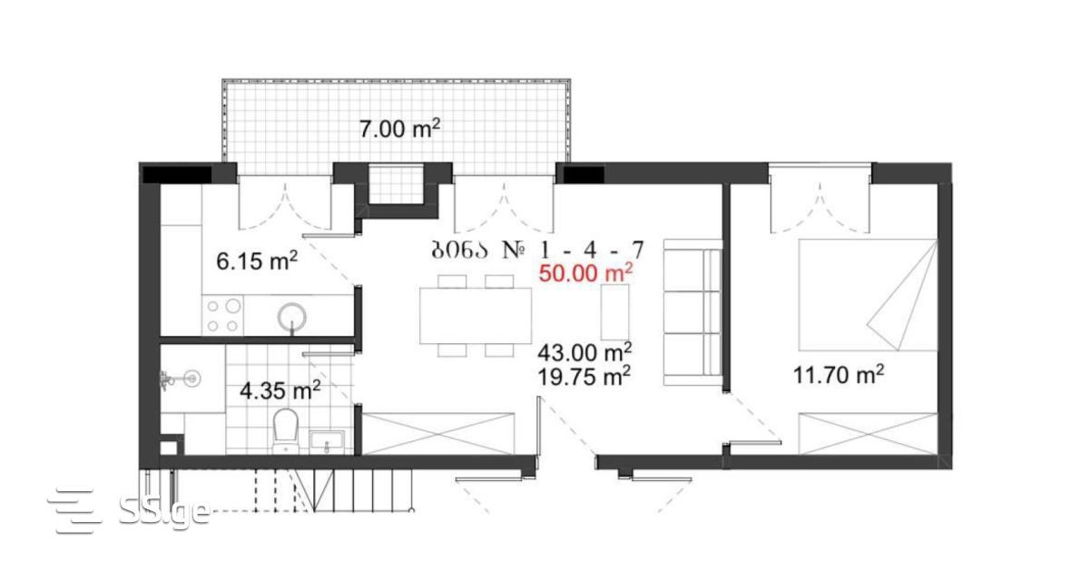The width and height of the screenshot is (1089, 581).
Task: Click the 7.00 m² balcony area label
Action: (x=399, y=129)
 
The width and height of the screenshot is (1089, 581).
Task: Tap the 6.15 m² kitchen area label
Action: (x=257, y=261)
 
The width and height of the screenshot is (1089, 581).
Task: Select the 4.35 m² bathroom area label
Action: (x=280, y=390)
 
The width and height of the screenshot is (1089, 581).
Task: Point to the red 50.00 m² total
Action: (x=585, y=272)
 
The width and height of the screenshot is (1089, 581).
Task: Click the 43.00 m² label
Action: (x=584, y=352)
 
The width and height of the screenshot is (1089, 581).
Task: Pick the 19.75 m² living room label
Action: (x=584, y=376)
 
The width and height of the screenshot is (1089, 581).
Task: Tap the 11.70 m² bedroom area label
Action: (x=839, y=375)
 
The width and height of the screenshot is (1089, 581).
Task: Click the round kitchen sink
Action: (x=291, y=318)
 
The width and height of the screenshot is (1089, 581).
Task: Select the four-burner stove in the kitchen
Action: (x=222, y=315)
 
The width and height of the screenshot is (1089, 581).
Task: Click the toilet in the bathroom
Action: (x=285, y=431)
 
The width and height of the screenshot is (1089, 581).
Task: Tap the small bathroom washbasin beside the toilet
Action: (x=327, y=441)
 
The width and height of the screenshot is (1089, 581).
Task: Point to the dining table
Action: (x=476, y=316)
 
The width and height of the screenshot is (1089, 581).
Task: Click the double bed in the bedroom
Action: (x=868, y=295)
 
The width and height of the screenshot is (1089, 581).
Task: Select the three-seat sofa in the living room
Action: (x=692, y=312)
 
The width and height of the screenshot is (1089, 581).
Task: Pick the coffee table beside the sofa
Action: (x=615, y=312)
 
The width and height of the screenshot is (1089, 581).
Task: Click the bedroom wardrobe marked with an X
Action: (x=868, y=434)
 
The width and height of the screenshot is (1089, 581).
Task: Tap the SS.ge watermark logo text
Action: (x=164, y=510)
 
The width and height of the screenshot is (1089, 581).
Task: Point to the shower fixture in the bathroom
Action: (x=180, y=379)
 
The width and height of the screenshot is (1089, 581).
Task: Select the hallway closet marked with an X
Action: (x=438, y=434)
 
